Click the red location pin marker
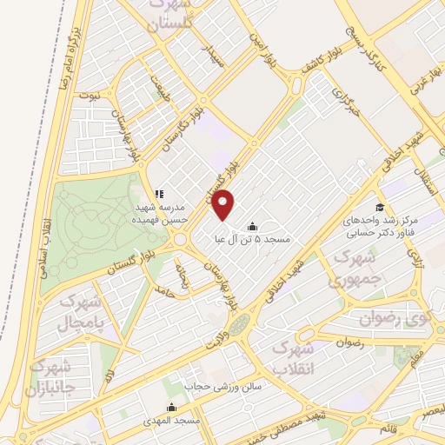click(224, 204)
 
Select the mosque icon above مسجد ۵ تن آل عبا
click(252, 223)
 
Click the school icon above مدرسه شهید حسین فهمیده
click(158, 194)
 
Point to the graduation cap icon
click(379, 207)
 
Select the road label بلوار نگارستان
click(183, 130)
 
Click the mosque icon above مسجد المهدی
click(170, 406)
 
